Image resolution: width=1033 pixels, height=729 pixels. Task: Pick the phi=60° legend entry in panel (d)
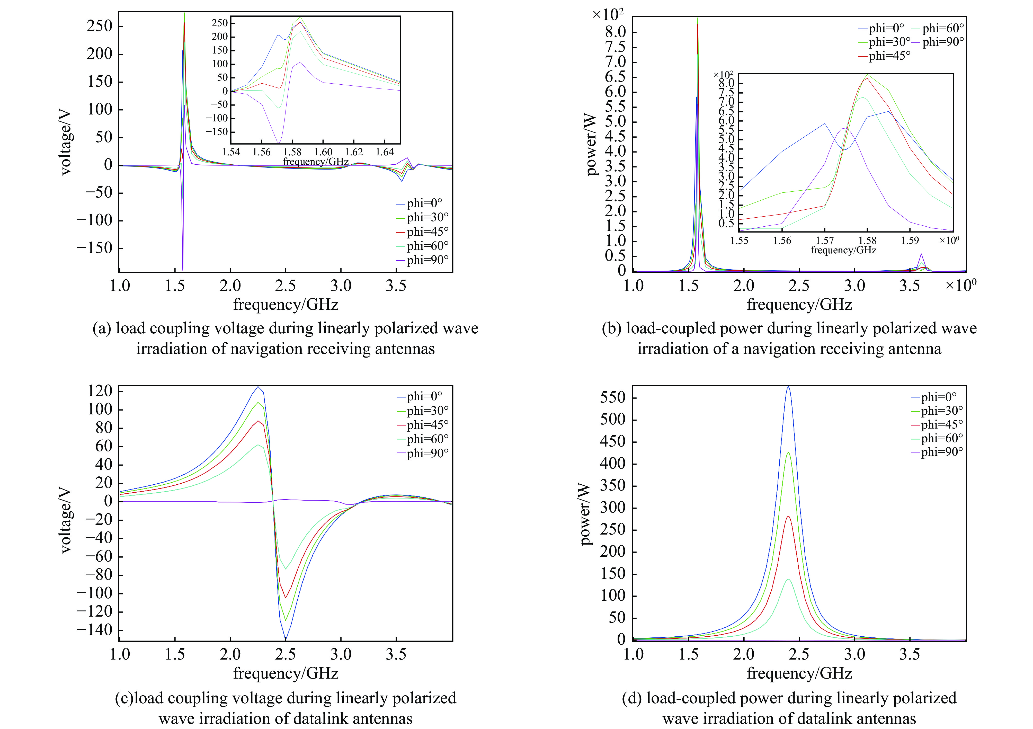point(942,438)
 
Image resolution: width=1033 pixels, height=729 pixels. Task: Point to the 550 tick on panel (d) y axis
point(612,397)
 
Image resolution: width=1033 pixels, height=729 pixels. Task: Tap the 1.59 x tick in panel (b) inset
point(910,240)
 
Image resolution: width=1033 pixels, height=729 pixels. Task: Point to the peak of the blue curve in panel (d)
point(788,387)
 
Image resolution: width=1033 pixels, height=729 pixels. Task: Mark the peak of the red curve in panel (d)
point(788,516)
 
